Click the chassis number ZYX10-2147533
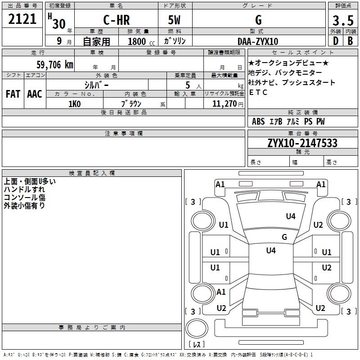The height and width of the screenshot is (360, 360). pos(302,144)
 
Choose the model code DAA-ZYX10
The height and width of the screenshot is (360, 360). pos(258,41)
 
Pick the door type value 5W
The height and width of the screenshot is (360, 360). pos(175,20)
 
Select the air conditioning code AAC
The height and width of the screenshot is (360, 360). pos(34,94)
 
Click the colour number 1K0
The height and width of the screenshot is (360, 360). pos(74,104)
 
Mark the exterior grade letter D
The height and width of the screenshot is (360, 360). pos(335,41)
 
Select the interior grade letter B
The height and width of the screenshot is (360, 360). pos(350,41)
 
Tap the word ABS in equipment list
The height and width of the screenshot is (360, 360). pos(258,121)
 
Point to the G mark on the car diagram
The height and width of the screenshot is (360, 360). pos(284,237)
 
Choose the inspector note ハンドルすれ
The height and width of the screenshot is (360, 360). pos(24,189)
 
